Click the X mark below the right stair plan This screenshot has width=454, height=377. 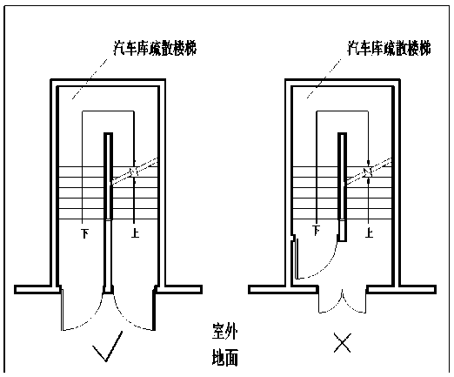coord(342,342)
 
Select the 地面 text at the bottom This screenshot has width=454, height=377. coord(225,357)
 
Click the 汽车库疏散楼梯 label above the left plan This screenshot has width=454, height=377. coord(155,48)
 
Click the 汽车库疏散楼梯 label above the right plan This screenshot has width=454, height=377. coord(389,48)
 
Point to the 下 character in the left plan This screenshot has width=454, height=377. coord(85,233)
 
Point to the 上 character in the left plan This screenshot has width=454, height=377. coord(135,233)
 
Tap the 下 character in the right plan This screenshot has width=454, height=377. coord(317,231)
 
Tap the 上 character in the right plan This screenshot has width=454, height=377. coord(370,233)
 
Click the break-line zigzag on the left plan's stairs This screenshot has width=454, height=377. coord(134,172)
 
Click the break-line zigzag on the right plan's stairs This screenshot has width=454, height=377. coord(368,172)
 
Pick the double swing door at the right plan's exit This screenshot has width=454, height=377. coord(342,302)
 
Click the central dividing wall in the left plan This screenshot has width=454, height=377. coord(108,213)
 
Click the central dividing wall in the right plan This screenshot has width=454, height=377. coord(342,187)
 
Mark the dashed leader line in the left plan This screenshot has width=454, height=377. coord(90,79)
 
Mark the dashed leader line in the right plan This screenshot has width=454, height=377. coord(324,78)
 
